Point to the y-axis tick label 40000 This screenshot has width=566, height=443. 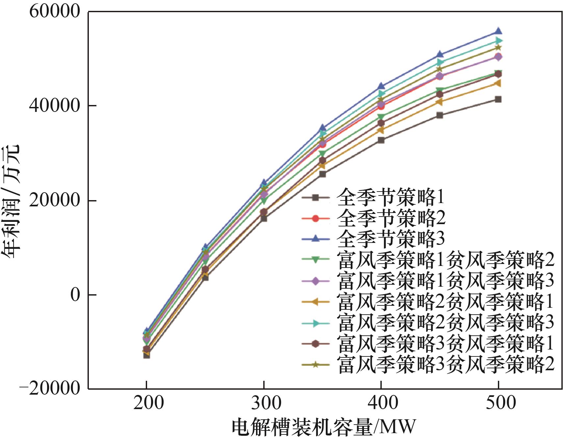tap(55, 106)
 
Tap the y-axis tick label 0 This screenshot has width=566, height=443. tap(75, 295)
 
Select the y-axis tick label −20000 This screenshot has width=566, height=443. tap(50, 389)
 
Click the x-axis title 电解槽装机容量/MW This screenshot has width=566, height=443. tap(324, 427)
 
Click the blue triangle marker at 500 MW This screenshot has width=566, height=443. tap(498, 31)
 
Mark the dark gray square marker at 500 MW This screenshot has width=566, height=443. tap(498, 99)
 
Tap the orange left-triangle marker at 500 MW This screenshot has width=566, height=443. tap(498, 83)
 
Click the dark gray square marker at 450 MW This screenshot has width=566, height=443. tap(440, 115)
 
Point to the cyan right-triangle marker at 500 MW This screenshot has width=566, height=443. tap(499, 41)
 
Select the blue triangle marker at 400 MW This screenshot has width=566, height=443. tap(381, 86)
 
